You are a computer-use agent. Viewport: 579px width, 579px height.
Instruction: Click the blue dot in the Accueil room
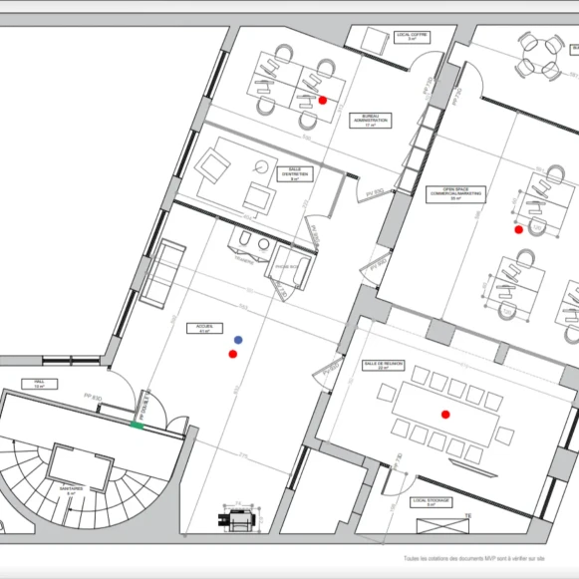click(x=237, y=341)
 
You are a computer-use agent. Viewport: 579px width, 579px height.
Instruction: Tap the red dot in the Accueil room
click(x=232, y=354)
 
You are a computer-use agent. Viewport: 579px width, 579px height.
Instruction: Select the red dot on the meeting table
click(x=446, y=413)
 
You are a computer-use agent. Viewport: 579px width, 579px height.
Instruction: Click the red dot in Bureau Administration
click(x=323, y=100)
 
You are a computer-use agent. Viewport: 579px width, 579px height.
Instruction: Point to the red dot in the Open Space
click(x=517, y=230)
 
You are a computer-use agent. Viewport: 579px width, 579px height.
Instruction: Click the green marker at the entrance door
click(x=137, y=426)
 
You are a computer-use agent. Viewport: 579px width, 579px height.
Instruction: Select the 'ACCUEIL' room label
click(x=205, y=329)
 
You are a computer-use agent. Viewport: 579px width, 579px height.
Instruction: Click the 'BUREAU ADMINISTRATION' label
click(x=369, y=121)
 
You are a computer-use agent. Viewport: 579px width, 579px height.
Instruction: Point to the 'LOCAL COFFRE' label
click(x=411, y=36)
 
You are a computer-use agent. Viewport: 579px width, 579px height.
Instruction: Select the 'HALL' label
click(x=40, y=384)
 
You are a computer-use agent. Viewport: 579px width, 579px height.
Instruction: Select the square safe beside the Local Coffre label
click(x=373, y=41)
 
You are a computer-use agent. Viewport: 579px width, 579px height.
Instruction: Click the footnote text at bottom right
click(x=488, y=560)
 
